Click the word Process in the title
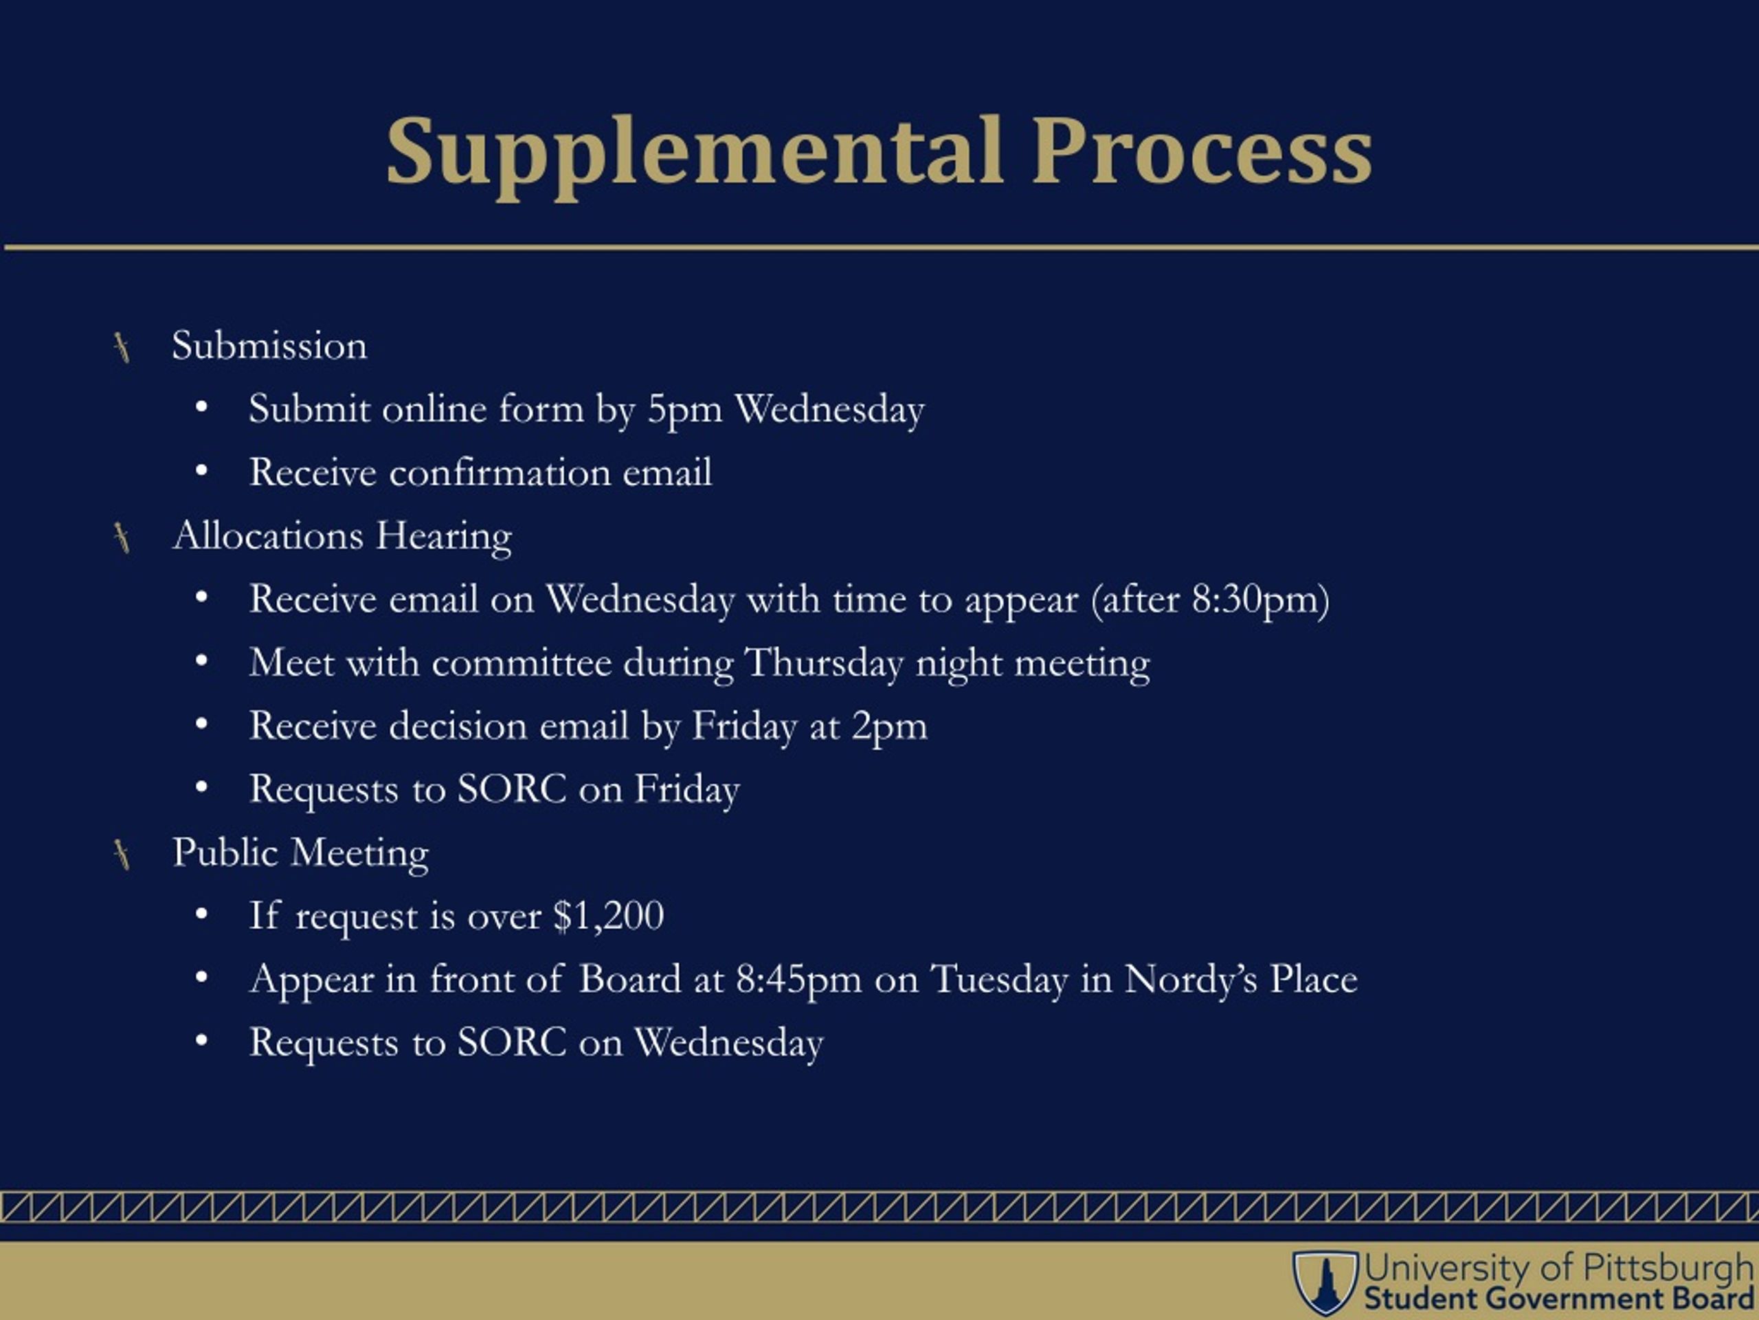(1202, 151)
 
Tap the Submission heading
(269, 346)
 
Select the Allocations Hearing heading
(343, 536)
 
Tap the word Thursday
(825, 663)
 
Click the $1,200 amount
(608, 916)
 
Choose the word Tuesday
(999, 980)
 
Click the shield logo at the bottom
(1324, 1281)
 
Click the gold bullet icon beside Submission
(122, 348)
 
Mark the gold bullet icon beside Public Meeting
(122, 855)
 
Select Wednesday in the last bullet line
(728, 1042)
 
